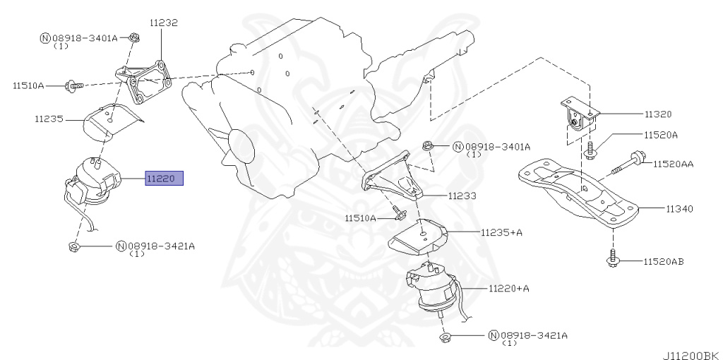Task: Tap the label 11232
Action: [x=163, y=23]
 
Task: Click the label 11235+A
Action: [x=502, y=232]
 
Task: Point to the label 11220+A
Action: [x=508, y=288]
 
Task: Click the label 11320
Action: [x=657, y=114]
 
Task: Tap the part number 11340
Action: [x=679, y=209]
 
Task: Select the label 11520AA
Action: [x=673, y=164]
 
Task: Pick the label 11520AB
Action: [x=663, y=262]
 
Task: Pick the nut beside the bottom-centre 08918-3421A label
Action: [x=445, y=337]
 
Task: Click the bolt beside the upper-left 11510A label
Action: [x=73, y=85]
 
